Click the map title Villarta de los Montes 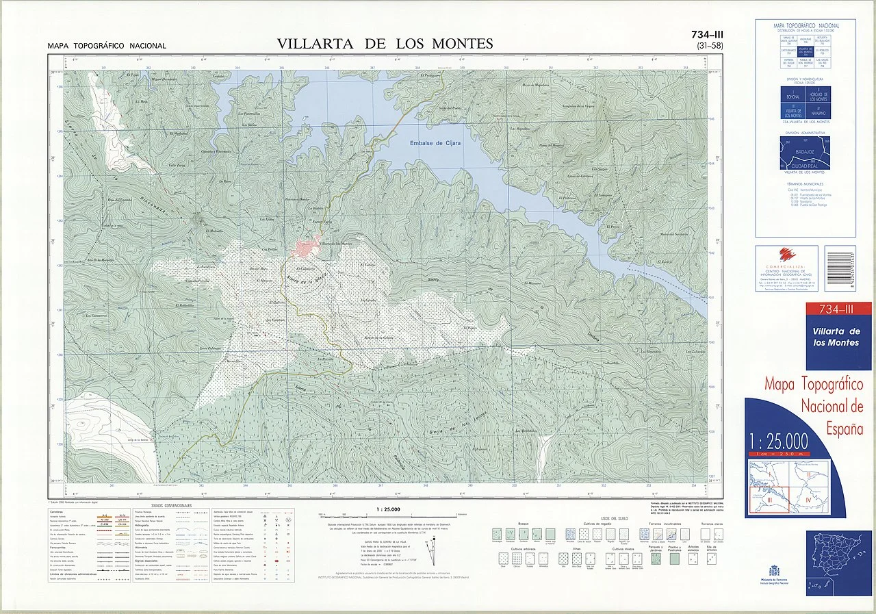(385, 44)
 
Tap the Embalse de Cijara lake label (435, 143)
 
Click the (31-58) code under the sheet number (709, 46)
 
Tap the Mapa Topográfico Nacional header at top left (107, 46)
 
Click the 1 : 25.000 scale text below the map (388, 509)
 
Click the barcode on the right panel (839, 268)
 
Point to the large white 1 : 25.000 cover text (779, 439)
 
